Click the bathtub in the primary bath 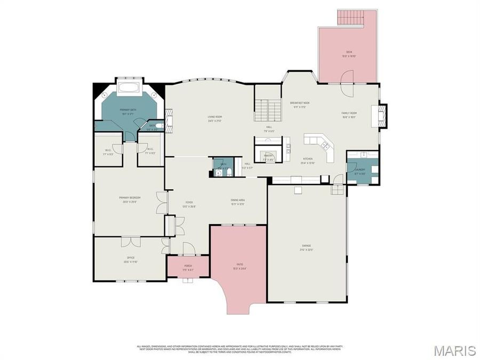pos(129,87)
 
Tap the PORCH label pos(188,265)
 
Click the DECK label pos(349,52)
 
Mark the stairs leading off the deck pos(351,18)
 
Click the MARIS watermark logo pos(454,350)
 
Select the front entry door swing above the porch pos(188,249)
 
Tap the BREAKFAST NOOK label pos(300,103)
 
